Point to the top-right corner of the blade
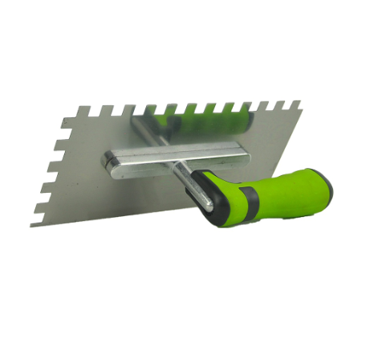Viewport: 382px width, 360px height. [299, 102]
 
